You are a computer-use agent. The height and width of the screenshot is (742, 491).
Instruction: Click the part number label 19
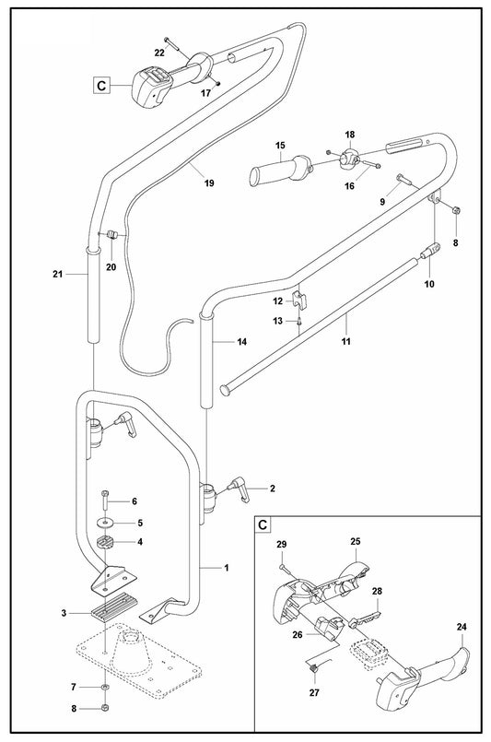pos(209,183)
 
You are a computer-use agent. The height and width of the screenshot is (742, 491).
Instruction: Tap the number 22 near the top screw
pos(159,53)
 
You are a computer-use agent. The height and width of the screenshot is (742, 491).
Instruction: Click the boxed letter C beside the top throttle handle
pos(101,86)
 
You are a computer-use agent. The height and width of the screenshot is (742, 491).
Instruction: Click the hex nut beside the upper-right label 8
pos(456,211)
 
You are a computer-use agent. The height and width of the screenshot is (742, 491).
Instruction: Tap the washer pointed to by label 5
pos(107,524)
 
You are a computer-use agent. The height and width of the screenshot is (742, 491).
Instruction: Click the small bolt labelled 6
pos(107,500)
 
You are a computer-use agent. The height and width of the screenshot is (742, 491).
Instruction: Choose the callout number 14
pos(242,341)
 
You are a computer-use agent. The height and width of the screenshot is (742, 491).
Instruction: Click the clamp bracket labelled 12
pos(298,300)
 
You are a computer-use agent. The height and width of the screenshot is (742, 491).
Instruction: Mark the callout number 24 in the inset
pos(462,628)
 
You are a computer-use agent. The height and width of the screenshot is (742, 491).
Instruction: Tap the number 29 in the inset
pos(282,546)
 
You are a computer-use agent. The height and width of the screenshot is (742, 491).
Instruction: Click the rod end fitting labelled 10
pos(431,252)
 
